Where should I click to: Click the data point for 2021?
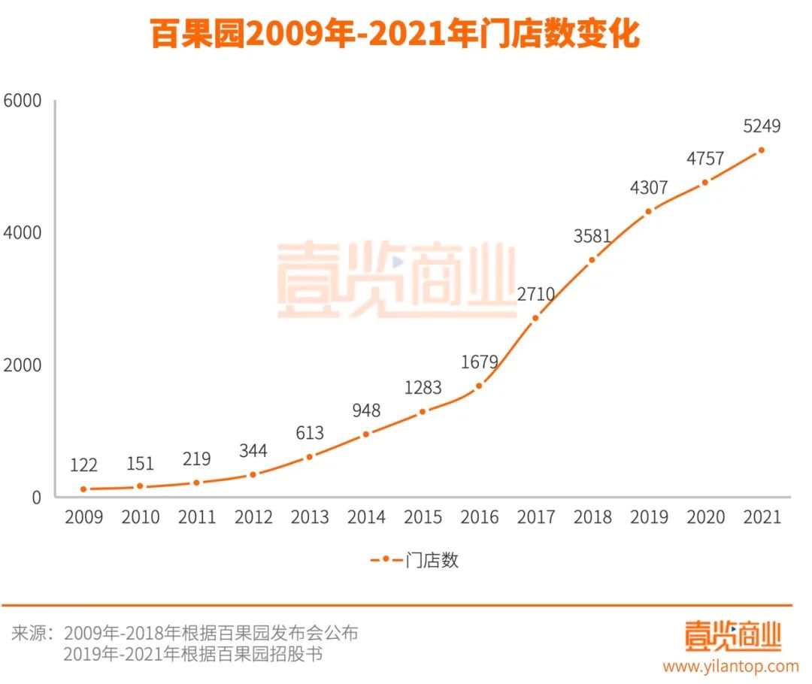pos(761,150)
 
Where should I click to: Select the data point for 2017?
pos(535,318)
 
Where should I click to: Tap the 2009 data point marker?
pos(83,489)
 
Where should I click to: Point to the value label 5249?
pos(761,126)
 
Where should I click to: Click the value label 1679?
pos(480,362)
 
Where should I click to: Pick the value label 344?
pos(253,451)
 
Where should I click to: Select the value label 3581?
pos(592,236)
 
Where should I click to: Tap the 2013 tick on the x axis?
pos(310,517)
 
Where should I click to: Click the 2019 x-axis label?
pos(649,517)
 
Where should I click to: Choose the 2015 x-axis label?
pos(423,517)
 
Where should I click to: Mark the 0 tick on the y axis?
pos(36,497)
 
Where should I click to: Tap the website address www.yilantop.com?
pos(730,666)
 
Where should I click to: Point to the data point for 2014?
pos(366,434)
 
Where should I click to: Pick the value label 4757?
pos(704,159)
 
